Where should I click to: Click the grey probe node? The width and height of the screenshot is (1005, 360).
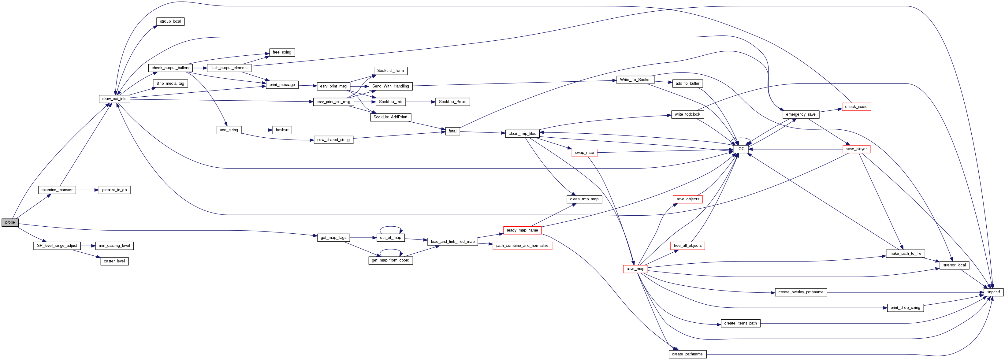[x=10, y=222]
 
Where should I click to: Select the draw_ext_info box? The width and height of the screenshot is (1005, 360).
[x=114, y=99]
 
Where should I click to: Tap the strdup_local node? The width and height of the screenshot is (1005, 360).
[x=170, y=21]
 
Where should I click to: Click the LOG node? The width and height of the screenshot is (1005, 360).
[x=740, y=149]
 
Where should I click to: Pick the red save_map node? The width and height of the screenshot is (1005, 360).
[x=635, y=269]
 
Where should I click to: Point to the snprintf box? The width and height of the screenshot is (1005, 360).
[x=993, y=292]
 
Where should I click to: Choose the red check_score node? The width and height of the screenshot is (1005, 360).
[x=856, y=107]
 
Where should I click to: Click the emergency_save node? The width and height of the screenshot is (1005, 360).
[x=801, y=115]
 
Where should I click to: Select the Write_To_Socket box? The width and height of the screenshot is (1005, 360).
[x=635, y=80]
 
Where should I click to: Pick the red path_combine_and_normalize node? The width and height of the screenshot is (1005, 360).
[x=522, y=246]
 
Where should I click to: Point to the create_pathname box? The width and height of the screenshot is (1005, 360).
[x=687, y=354]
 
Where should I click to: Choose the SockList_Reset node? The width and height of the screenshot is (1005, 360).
[x=452, y=102]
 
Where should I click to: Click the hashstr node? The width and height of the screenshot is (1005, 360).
[x=282, y=130]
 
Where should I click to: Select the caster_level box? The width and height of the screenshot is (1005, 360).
[x=114, y=261]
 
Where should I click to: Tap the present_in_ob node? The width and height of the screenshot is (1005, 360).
[x=114, y=190]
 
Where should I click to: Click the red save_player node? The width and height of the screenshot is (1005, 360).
[x=856, y=149]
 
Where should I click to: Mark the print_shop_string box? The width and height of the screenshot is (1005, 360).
[x=905, y=308]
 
